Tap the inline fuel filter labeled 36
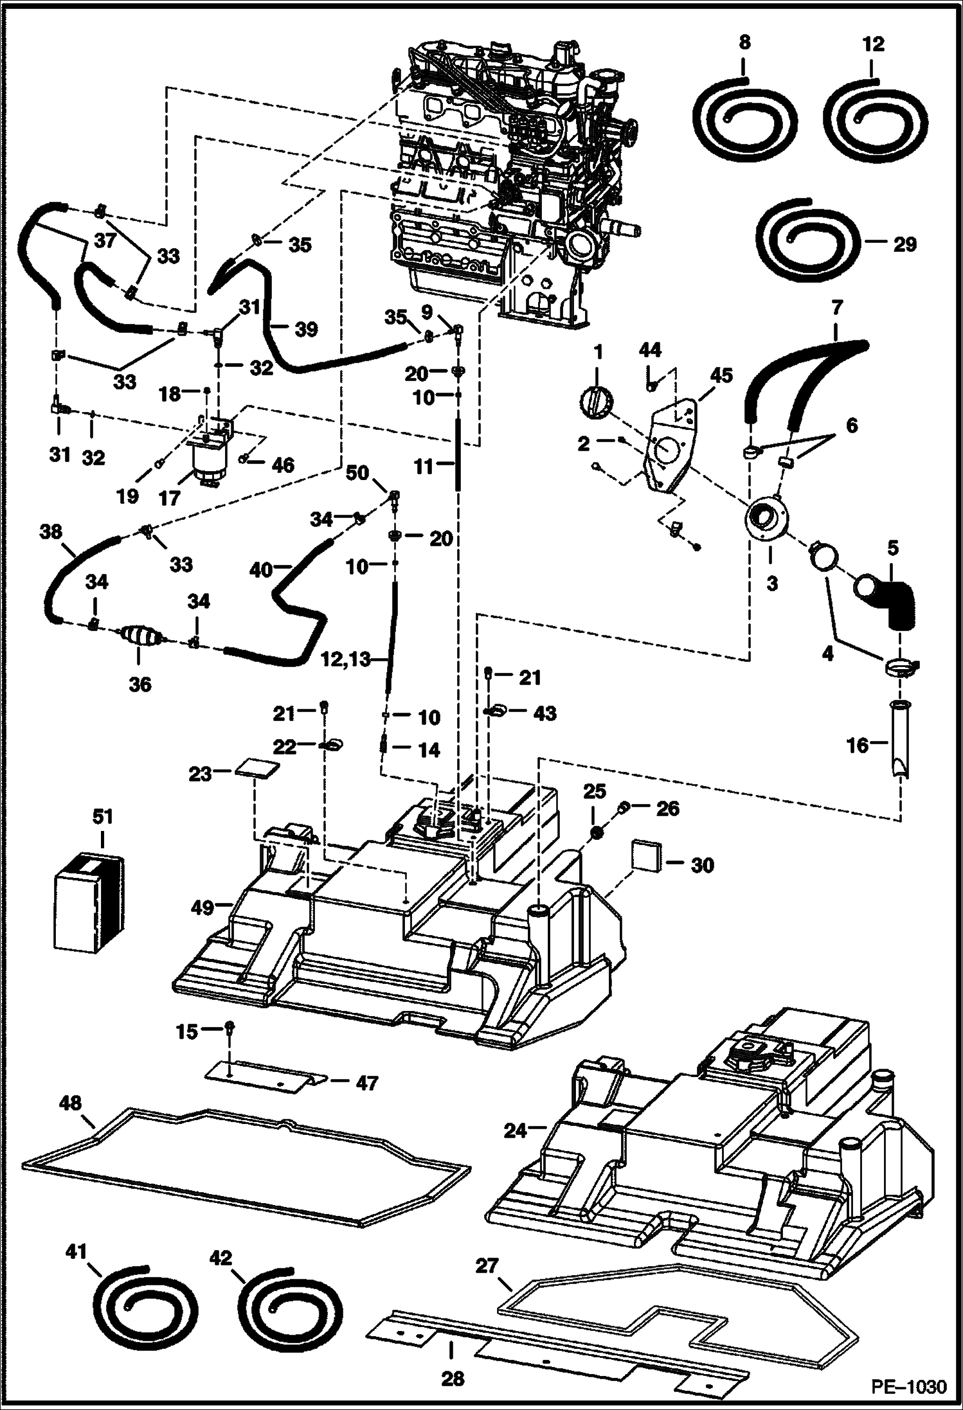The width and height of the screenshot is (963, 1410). tap(142, 638)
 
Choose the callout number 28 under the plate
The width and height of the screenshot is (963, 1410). tap(453, 1378)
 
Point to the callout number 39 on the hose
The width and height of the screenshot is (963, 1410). tap(306, 330)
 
